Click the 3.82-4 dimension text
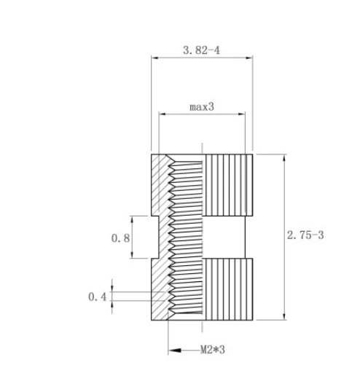click(202, 50)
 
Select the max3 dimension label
click(202, 106)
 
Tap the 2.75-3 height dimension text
click(306, 236)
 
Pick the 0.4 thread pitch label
click(97, 297)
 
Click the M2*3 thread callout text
click(212, 350)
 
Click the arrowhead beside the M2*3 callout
click(174, 350)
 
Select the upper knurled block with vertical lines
click(228, 185)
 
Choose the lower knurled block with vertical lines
click(228, 288)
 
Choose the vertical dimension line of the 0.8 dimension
click(132, 237)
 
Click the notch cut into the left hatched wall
click(156, 237)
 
